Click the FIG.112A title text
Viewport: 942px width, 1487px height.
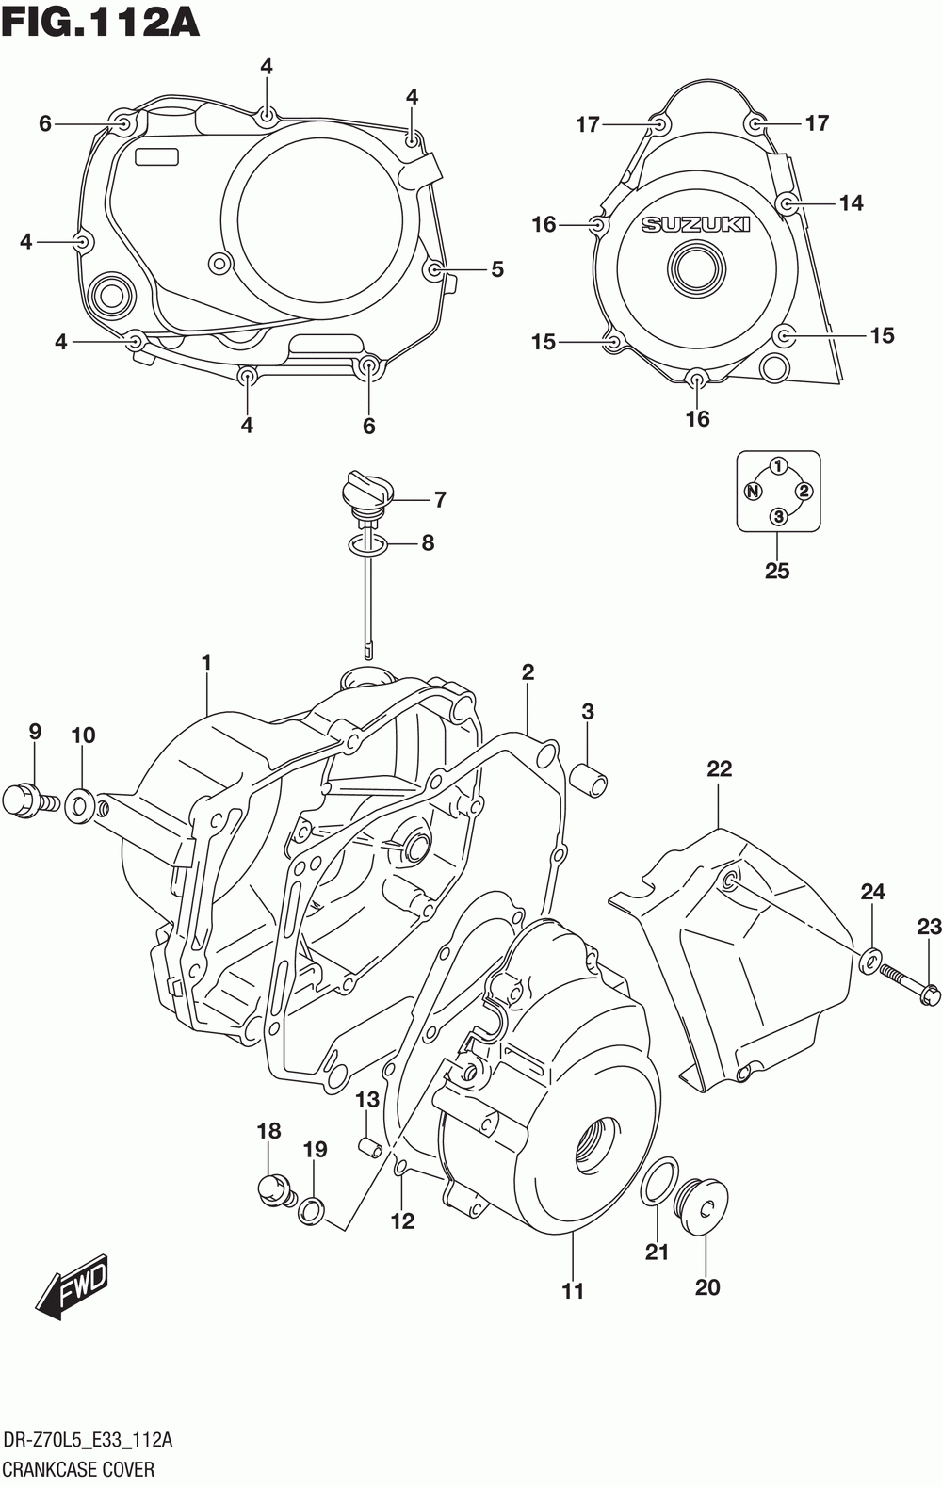tap(100, 23)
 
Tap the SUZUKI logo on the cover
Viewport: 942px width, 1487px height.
tap(695, 225)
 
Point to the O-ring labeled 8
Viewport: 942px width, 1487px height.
tap(366, 545)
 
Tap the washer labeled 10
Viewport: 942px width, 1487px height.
tap(80, 805)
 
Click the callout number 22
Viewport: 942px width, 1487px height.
tap(719, 768)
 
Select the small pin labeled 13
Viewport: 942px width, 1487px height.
tap(370, 1146)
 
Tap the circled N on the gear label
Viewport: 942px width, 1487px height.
tap(752, 492)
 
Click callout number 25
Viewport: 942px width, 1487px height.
tap(777, 571)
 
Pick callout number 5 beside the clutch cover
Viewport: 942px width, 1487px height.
tap(497, 269)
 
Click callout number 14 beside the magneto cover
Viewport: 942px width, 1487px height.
tap(851, 203)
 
